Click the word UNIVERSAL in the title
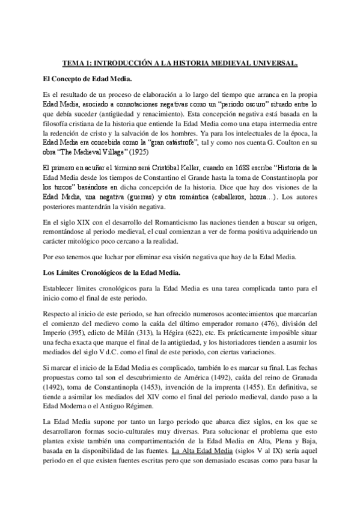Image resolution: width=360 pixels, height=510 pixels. [x=273, y=62]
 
